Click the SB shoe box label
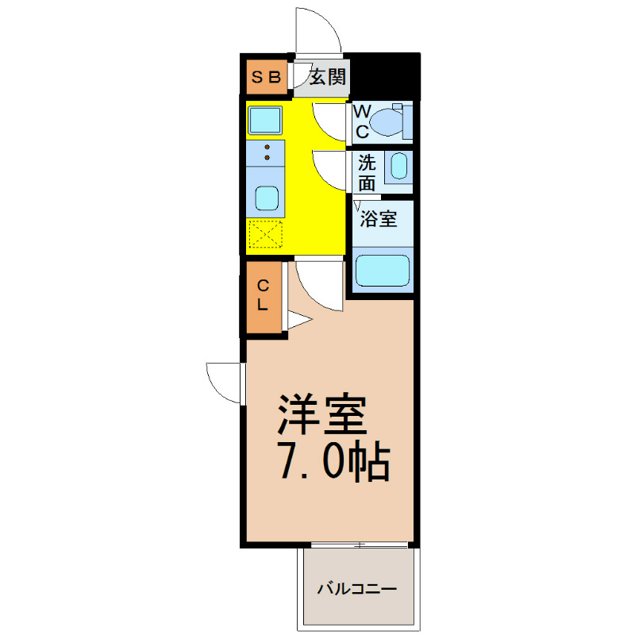tap(266, 77)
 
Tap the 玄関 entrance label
tap(328, 77)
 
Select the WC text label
tap(362, 121)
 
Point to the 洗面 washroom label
tap(367, 173)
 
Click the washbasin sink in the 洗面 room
tap(399, 166)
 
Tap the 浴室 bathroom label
tap(379, 219)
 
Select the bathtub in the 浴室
tap(383, 271)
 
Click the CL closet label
tap(263, 295)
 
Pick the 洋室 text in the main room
tap(322, 414)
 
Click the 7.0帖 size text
tap(334, 464)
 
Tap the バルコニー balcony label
tap(356, 588)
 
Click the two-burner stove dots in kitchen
tap(267, 152)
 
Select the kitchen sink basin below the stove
tap(267, 198)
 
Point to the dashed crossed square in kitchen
tap(266, 234)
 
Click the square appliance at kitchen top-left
tap(265, 121)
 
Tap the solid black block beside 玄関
tap(385, 76)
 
